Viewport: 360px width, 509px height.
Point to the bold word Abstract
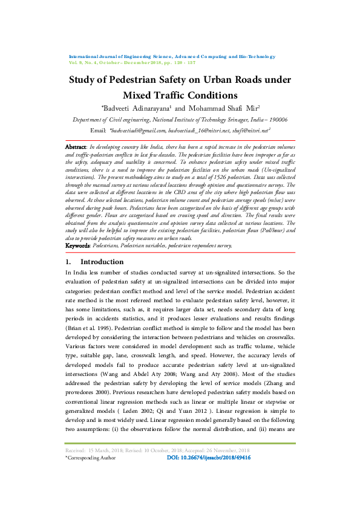tap(75, 147)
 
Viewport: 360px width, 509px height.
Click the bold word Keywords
tap(78, 246)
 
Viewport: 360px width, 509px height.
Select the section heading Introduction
tap(102, 262)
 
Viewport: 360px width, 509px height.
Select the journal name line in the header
tap(172, 56)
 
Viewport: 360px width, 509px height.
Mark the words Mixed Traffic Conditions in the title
tap(180, 95)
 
